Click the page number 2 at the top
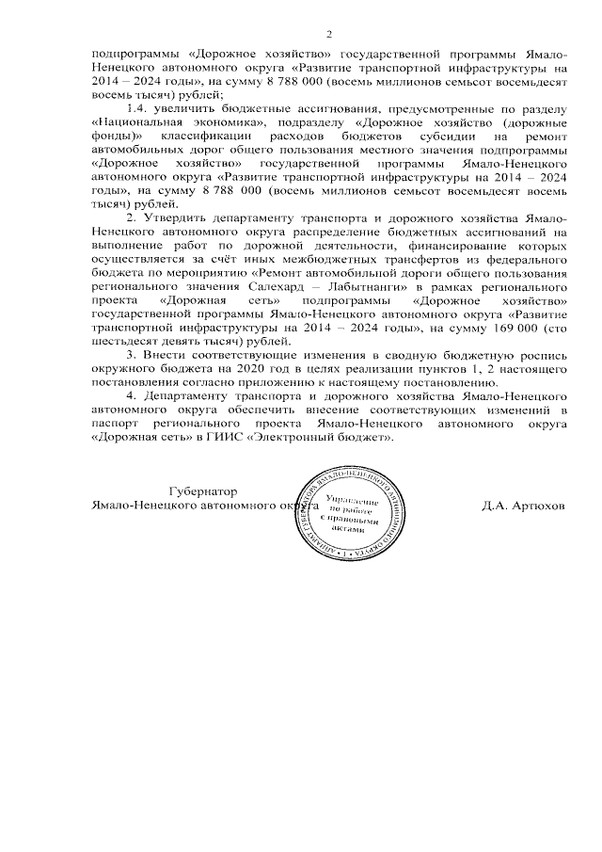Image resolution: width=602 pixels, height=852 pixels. [x=329, y=35]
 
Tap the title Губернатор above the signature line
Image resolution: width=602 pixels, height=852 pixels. [x=201, y=491]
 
